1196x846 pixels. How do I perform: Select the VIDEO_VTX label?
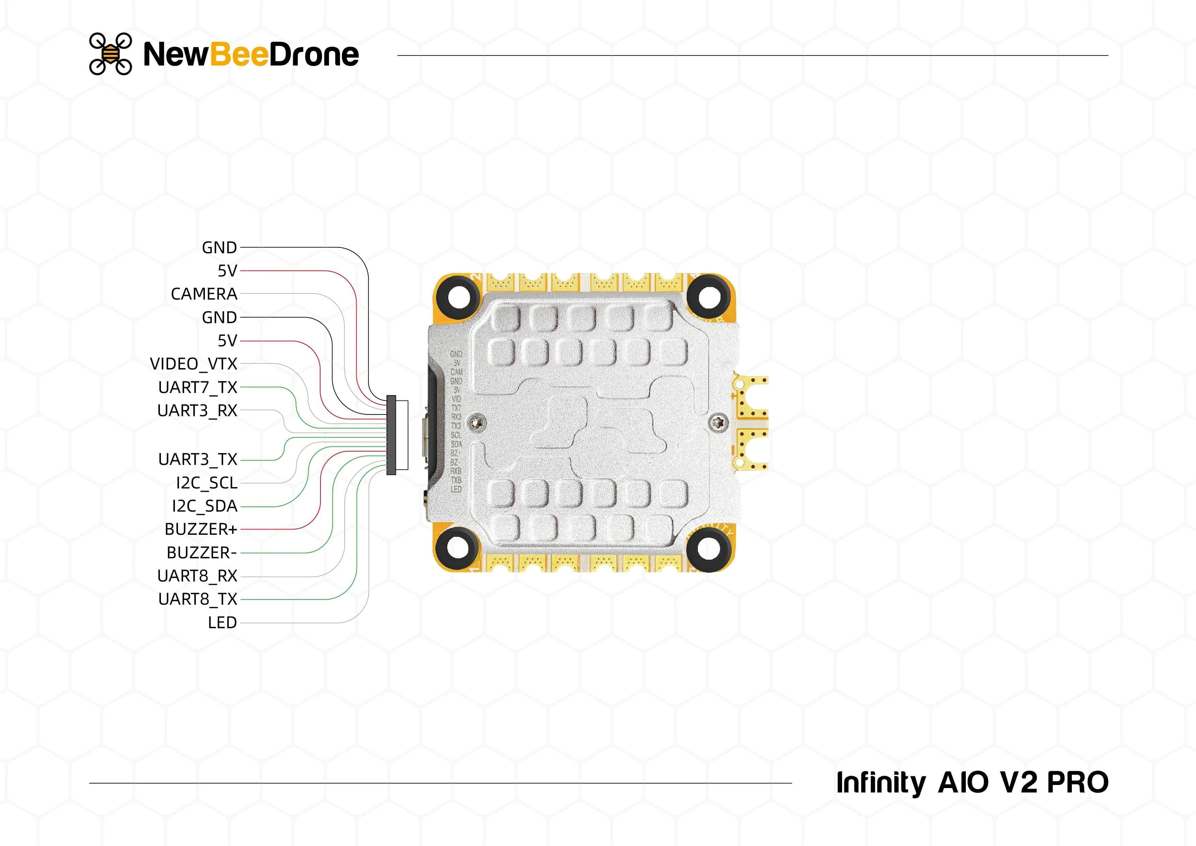(193, 364)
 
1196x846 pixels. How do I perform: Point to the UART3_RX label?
(197, 410)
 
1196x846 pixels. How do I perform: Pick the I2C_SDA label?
(204, 506)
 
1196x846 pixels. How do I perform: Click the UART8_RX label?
(197, 576)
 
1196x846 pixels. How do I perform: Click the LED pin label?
(222, 622)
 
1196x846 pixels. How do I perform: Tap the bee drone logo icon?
(110, 54)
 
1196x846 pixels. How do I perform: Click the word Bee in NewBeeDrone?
(239, 54)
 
